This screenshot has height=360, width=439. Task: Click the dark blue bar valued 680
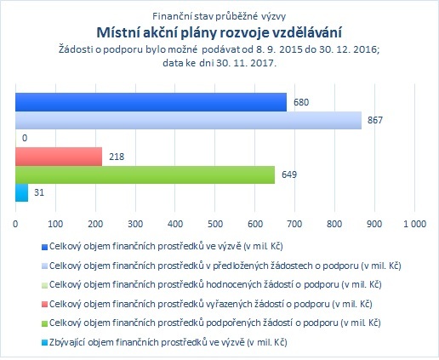click(151, 102)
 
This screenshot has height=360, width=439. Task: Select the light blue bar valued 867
click(188, 120)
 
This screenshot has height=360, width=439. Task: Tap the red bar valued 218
click(59, 157)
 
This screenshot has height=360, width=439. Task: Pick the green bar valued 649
click(145, 174)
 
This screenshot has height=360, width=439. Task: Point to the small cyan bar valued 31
click(21, 193)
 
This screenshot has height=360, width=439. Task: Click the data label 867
click(375, 120)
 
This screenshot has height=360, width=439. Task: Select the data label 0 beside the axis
click(25, 138)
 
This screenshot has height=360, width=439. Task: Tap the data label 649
click(289, 174)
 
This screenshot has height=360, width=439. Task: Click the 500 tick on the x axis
click(215, 224)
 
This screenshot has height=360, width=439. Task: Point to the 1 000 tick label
click(414, 224)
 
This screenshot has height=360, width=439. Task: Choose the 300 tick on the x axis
click(135, 224)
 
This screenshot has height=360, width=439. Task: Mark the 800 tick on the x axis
click(334, 224)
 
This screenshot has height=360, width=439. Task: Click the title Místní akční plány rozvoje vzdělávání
click(219, 32)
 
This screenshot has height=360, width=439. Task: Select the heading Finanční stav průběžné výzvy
click(219, 16)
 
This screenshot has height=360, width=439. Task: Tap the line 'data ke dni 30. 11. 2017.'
click(219, 63)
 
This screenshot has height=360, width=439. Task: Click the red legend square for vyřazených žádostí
click(44, 305)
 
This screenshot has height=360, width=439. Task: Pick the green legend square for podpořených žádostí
click(44, 323)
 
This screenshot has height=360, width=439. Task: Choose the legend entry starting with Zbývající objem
click(168, 342)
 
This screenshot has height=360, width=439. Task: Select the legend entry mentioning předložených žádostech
click(225, 266)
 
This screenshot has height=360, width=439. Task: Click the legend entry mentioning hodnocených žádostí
click(215, 284)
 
